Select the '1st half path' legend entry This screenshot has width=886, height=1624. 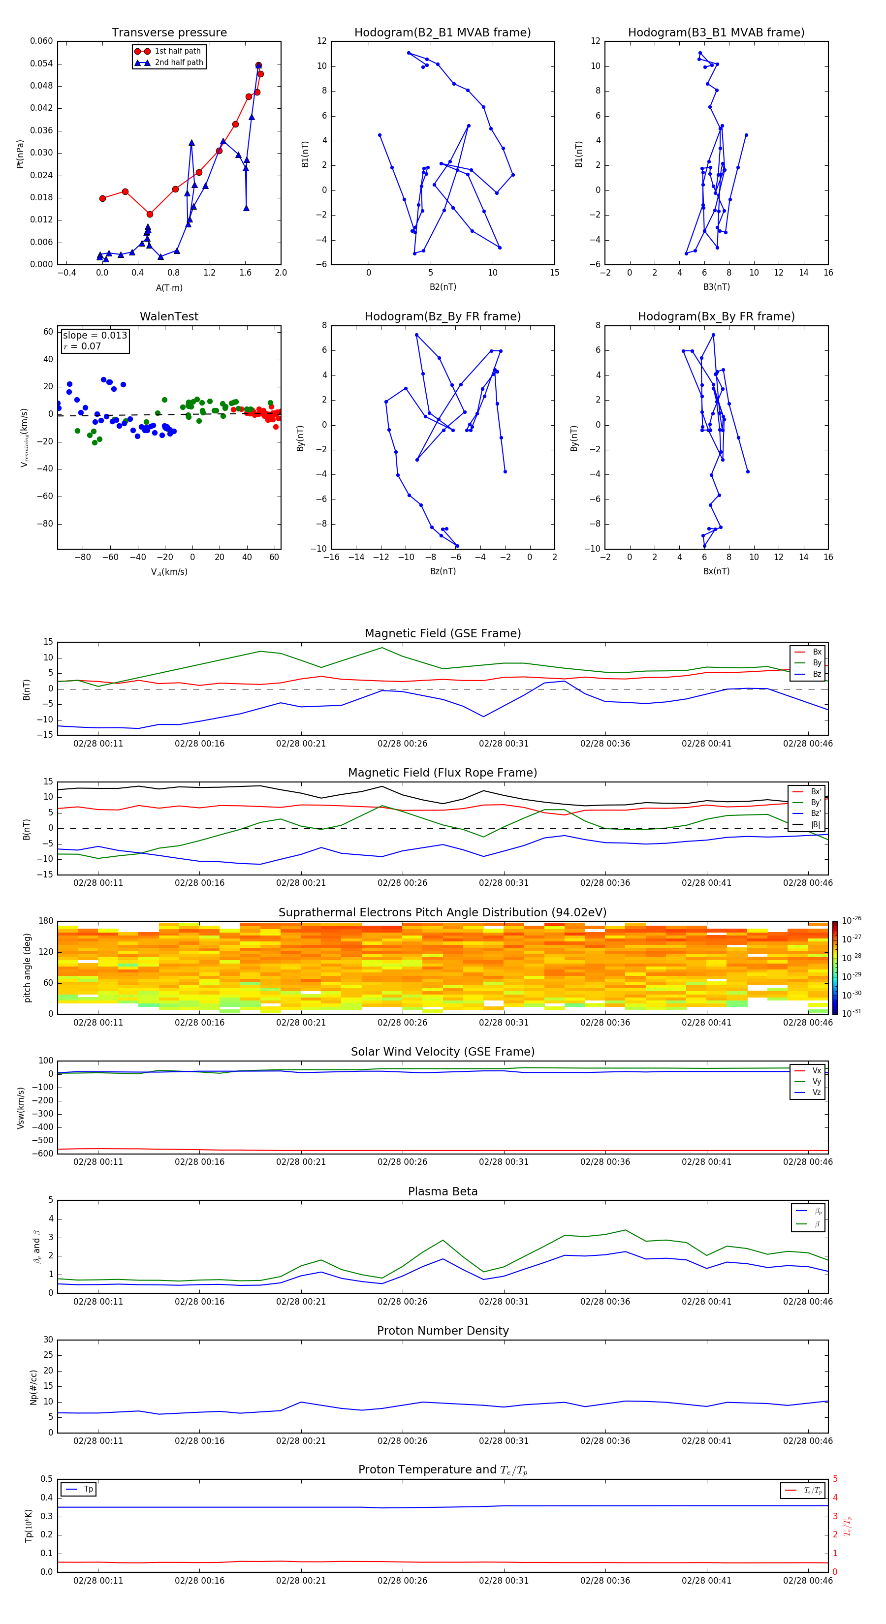[x=177, y=51]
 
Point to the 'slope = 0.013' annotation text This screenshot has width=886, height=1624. [x=95, y=336]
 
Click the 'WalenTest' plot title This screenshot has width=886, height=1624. [x=169, y=316]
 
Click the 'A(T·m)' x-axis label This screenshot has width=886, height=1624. [x=169, y=288]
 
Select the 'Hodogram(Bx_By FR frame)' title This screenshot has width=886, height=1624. [x=716, y=316]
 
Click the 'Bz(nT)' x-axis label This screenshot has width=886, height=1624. [x=443, y=571]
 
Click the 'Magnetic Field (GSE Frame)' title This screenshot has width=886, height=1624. [x=443, y=633]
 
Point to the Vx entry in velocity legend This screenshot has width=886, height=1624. [x=816, y=1070]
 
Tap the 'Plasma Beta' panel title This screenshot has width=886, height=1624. [x=443, y=1191]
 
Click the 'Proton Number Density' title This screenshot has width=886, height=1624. [x=443, y=1331]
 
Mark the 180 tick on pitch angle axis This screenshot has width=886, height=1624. [x=46, y=921]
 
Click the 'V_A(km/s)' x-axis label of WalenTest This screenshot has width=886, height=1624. [x=169, y=572]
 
